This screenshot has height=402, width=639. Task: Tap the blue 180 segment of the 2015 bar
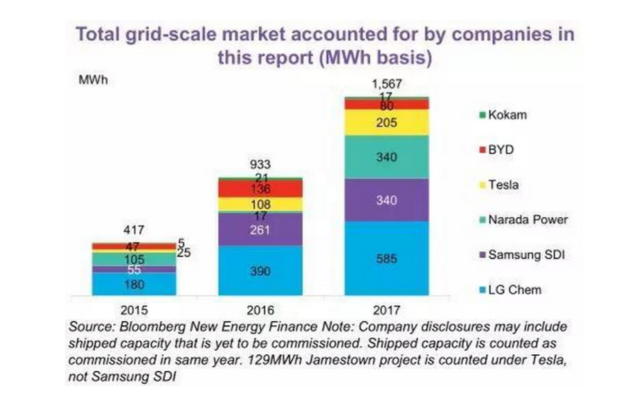pyautogui.click(x=134, y=283)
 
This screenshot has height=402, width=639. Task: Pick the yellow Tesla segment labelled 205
pyautogui.click(x=387, y=122)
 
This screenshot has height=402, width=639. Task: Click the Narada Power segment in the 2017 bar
pyautogui.click(x=387, y=157)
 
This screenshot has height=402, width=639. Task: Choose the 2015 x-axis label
pyautogui.click(x=134, y=309)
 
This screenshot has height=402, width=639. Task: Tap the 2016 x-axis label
pyautogui.click(x=260, y=309)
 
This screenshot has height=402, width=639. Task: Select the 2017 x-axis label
pyautogui.click(x=387, y=309)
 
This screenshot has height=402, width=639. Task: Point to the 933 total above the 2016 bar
pyautogui.click(x=260, y=165)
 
